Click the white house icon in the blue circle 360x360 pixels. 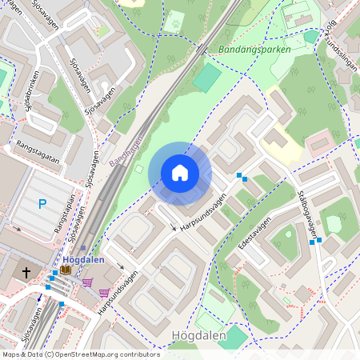point(180,173)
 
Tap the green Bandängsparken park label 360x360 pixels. point(254,49)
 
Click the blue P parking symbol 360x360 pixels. point(42,204)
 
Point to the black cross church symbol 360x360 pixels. point(26,273)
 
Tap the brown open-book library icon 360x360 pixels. point(65,270)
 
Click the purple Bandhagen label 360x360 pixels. point(124,150)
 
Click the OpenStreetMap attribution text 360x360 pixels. point(80,354)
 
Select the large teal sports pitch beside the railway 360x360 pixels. point(206,78)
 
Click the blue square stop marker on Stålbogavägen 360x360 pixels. point(318,240)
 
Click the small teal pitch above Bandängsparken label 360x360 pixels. point(310,36)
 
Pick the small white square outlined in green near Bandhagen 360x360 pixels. point(138,169)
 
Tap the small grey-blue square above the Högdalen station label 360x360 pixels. point(82,248)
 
